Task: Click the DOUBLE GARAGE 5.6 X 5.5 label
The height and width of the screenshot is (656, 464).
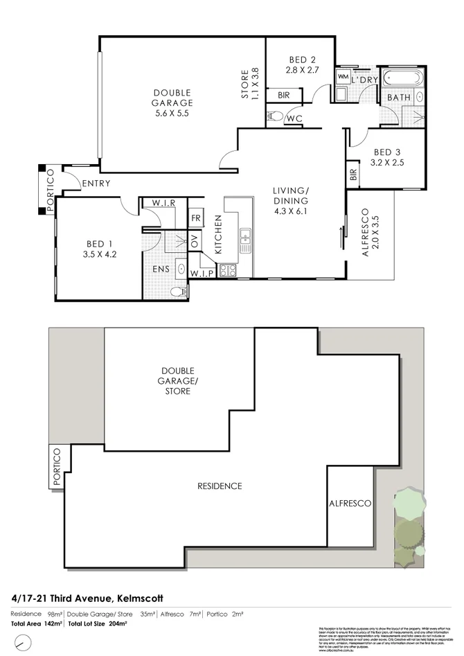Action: click(x=172, y=103)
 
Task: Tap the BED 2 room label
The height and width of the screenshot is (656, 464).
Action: click(x=301, y=64)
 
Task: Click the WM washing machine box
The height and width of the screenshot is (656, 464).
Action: click(x=343, y=76)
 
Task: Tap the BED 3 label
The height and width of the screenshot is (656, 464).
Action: click(x=388, y=157)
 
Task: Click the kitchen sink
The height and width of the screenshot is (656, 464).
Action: click(x=245, y=240)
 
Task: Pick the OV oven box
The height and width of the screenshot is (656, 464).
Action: click(x=195, y=243)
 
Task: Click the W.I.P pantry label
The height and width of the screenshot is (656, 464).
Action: click(x=202, y=273)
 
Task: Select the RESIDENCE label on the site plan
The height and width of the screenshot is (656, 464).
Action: click(x=220, y=486)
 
